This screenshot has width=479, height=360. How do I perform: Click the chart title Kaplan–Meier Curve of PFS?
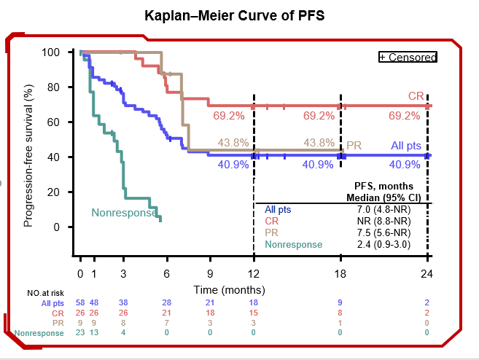point(240,16)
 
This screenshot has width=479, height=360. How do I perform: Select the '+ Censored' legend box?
point(408,57)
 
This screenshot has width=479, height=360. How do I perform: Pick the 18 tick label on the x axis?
point(340,274)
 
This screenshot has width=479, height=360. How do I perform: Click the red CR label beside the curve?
point(416,96)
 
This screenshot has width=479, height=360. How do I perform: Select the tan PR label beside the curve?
point(354,146)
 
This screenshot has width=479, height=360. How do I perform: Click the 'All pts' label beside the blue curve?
point(405,146)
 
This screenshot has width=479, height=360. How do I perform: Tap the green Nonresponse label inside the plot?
point(124,213)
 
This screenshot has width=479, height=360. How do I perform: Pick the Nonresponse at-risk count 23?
point(80,333)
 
